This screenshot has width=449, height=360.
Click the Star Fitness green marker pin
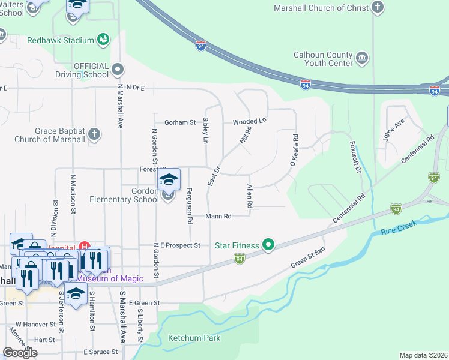pos(268,245)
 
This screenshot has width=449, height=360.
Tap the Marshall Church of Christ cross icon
pos(377,8)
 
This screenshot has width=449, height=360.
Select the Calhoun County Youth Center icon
pos(362,58)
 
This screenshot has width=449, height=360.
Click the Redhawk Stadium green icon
pos(103,40)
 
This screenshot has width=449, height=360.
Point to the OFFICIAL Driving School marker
pos(118,70)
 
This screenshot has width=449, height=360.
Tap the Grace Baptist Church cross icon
pos(93,135)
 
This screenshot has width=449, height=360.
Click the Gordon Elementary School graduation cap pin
pos(169,180)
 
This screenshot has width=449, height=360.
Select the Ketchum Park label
pos(194,338)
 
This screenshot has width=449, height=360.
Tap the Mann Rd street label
pos(218,216)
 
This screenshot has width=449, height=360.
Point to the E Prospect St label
pos(176,245)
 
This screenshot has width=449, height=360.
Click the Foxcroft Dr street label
pos(354,158)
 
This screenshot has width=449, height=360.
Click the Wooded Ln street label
pos(249,121)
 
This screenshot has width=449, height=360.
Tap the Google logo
pos(20,353)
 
